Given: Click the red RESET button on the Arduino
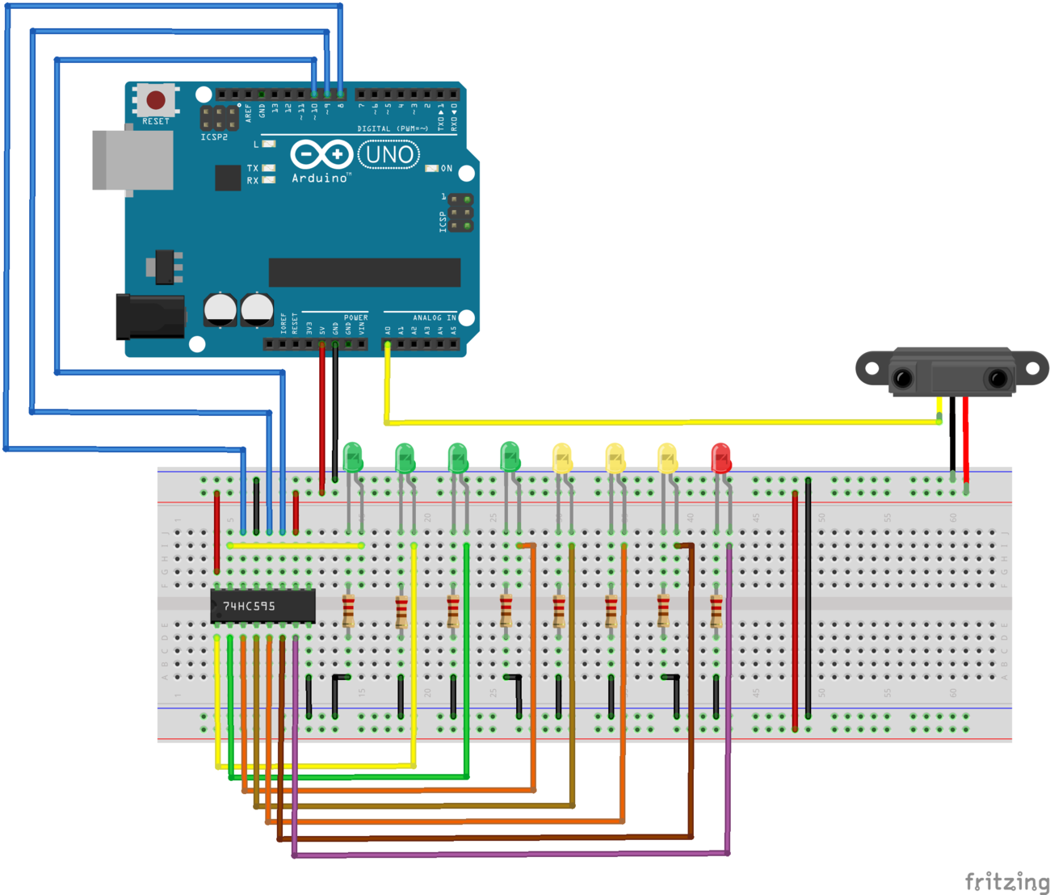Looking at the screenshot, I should [x=156, y=100].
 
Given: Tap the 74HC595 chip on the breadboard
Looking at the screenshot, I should [x=262, y=606].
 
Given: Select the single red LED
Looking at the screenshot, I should [x=720, y=458].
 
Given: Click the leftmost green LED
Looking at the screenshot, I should [x=353, y=457].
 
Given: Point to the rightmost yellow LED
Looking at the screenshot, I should [x=666, y=458].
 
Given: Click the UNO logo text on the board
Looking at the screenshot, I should [x=389, y=154].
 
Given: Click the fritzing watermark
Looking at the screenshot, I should [x=1006, y=880].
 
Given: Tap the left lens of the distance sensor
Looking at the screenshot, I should [x=902, y=377].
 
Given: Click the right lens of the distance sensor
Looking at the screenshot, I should [x=998, y=377].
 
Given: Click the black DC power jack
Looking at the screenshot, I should [x=150, y=317].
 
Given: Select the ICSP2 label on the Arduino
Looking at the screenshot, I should [x=214, y=137].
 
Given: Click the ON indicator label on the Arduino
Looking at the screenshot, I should [x=447, y=168].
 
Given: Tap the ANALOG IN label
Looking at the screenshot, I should [x=435, y=317].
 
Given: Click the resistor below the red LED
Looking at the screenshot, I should [x=716, y=611].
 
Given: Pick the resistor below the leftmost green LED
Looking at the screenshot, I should [x=349, y=611].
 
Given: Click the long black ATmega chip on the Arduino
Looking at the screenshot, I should [x=364, y=272].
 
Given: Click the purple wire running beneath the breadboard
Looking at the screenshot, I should [x=509, y=854].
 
